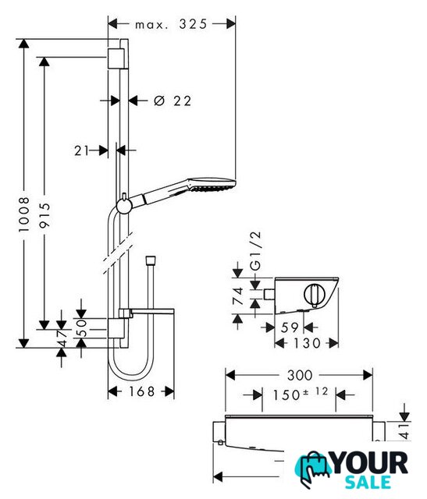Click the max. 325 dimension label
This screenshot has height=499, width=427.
(x=171, y=24)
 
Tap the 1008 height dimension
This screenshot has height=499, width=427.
(x=24, y=214)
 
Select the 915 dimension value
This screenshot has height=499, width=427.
(x=44, y=215)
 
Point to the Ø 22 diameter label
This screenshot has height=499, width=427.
(x=173, y=101)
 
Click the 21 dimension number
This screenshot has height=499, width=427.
(x=81, y=150)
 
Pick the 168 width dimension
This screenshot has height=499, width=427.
(x=142, y=391)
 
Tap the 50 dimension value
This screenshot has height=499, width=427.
(x=82, y=328)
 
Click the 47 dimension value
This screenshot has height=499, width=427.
(x=62, y=338)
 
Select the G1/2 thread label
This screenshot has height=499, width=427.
(x=255, y=251)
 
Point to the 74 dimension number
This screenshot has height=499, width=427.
(x=238, y=296)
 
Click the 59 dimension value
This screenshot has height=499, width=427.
(x=290, y=327)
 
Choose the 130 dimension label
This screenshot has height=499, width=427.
(x=307, y=343)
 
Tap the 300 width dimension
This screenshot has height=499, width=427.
(x=300, y=375)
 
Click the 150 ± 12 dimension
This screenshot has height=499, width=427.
(x=300, y=394)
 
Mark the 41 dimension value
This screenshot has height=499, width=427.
(x=404, y=431)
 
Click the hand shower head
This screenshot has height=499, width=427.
(x=212, y=185)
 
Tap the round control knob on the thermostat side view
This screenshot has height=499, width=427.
(x=313, y=295)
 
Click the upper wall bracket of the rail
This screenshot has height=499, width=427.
(x=116, y=58)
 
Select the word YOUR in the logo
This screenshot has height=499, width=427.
(x=370, y=463)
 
